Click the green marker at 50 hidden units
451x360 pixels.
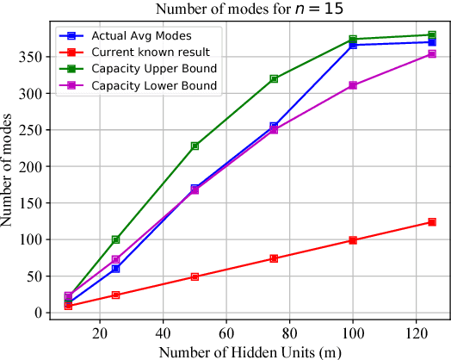195,146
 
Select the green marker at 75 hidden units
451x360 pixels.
274,78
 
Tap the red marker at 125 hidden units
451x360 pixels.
432,222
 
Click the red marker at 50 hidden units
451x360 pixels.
195,276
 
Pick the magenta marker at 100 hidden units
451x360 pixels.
353,85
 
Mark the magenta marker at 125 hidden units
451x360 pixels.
432,54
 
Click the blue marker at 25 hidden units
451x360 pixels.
116,269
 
